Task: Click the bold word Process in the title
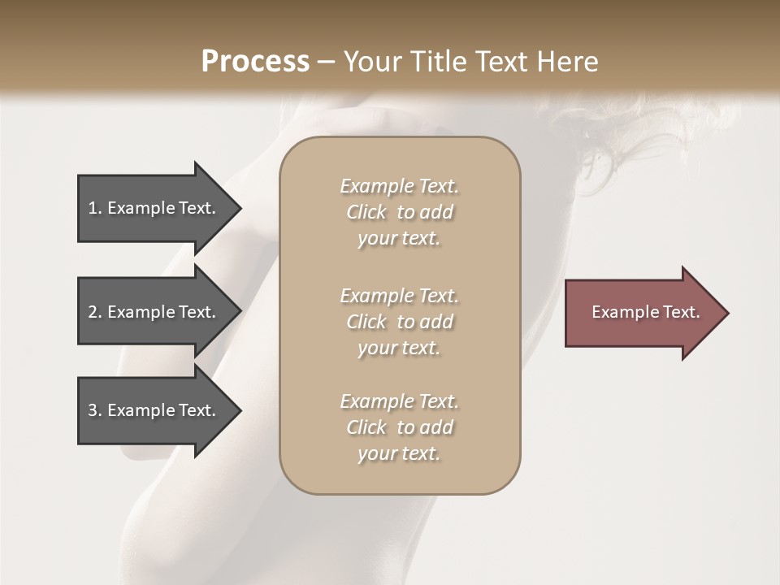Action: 255,62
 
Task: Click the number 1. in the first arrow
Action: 95,208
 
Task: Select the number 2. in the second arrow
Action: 95,312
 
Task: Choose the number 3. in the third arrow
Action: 95,410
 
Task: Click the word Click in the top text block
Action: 366,212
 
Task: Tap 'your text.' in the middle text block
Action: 399,348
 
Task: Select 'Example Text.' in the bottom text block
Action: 399,401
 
